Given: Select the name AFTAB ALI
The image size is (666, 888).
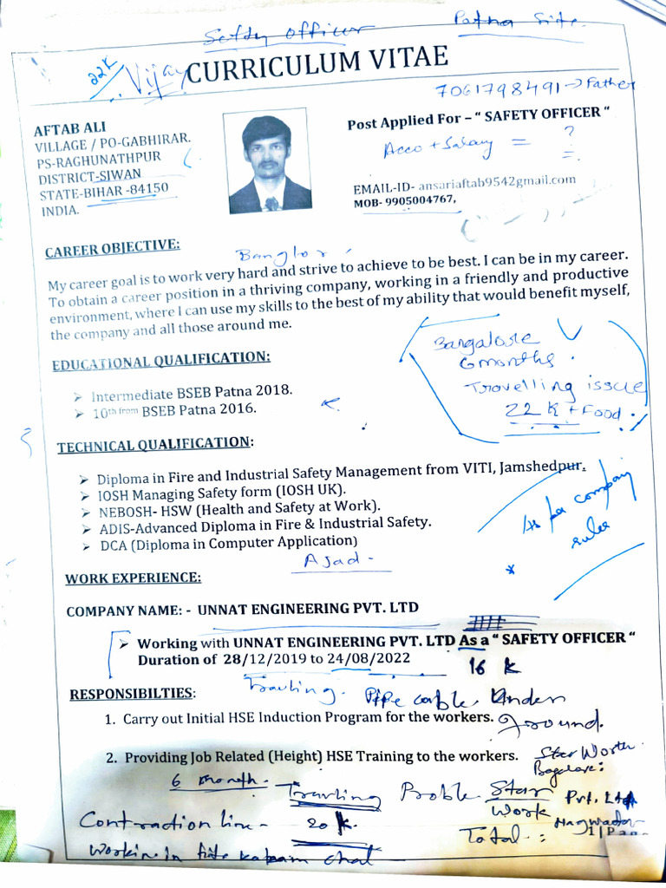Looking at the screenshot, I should tap(69, 127).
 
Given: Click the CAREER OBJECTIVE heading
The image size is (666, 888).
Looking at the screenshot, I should tap(113, 249).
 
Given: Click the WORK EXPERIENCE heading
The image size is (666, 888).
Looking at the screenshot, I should tap(133, 578).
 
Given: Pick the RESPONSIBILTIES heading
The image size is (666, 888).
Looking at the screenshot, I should tap(133, 694).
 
